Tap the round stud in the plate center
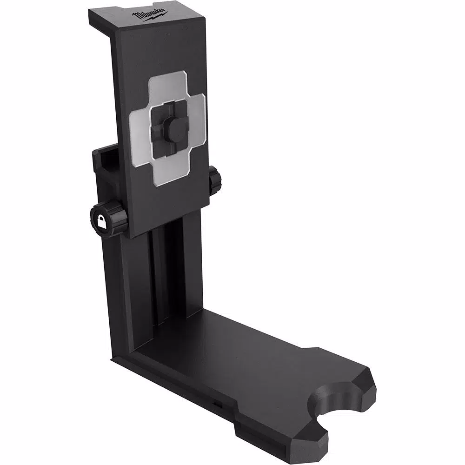tap(173, 132)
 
